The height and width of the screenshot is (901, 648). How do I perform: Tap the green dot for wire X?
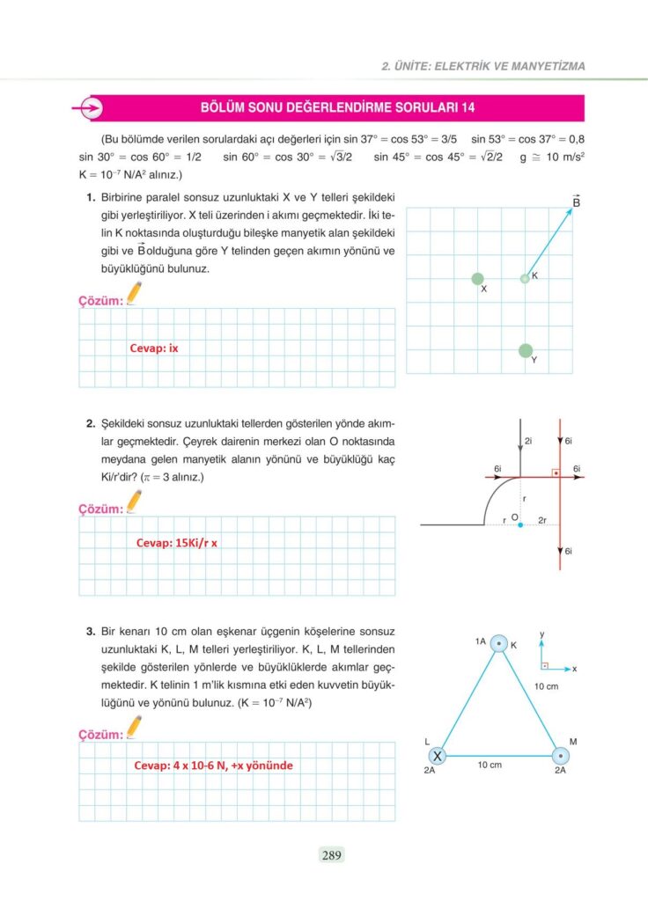pos(477,279)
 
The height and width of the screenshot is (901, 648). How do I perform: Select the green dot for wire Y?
pos(526,351)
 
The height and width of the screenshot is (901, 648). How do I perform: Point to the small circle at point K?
pos(525,279)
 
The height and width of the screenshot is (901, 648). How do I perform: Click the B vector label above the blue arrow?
pos(577,202)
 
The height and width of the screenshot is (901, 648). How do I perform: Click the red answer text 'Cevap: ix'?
pos(154,348)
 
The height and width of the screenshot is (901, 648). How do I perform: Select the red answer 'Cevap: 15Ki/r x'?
pos(176,543)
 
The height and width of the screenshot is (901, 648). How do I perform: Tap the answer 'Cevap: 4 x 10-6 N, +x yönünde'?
pos(213,765)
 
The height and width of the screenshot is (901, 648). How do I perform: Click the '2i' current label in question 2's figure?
pos(527,440)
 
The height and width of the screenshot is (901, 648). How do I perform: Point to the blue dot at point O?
pos(520,525)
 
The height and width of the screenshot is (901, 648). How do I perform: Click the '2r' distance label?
pos(542,520)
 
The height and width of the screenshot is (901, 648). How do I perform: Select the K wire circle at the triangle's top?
pos(499,645)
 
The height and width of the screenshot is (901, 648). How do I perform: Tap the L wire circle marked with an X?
pos(437,756)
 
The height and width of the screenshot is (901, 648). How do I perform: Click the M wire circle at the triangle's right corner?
pos(560,755)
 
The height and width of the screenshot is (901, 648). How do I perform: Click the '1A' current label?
pos(480,642)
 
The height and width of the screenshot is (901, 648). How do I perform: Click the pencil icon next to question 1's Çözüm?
pos(134,293)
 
